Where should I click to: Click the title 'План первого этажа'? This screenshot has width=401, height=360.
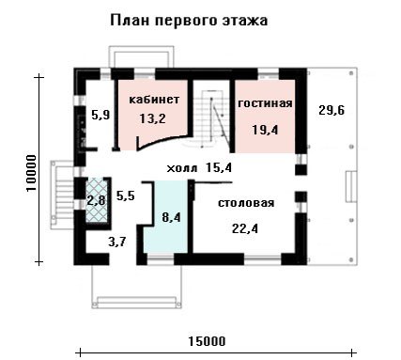click(189, 21)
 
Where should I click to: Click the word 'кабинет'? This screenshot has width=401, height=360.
click(154, 100)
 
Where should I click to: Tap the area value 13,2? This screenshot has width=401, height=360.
click(152, 118)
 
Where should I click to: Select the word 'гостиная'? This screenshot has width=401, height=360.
click(265, 103)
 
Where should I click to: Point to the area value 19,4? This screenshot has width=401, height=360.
click(265, 130)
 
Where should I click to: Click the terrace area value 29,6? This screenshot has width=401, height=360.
click(332, 110)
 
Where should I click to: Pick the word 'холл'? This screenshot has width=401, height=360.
click(182, 169)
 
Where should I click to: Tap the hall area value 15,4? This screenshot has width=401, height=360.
click(219, 168)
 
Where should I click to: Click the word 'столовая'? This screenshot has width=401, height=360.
click(246, 203)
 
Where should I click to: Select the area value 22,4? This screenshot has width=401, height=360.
click(245, 228)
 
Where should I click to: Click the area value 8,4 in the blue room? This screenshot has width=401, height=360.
click(171, 217)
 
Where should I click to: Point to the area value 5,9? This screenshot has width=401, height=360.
click(100, 115)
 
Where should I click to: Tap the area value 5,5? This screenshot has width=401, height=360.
click(125, 196)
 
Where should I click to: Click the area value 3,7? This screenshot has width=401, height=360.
click(116, 242)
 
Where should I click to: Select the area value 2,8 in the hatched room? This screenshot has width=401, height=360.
click(97, 200)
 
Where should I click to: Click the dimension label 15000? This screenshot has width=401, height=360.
click(207, 341)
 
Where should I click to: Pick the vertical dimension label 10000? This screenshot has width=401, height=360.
click(32, 173)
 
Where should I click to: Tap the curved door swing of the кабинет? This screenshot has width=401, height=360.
click(163, 142)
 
